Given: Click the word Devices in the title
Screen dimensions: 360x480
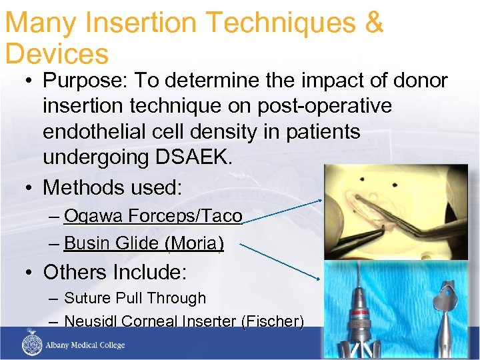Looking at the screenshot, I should point(57,54).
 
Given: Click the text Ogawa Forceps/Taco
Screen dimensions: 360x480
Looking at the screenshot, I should point(153,216).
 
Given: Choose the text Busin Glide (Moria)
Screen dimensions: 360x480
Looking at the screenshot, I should point(144,243).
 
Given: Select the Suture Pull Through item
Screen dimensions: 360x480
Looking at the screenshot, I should point(135,298).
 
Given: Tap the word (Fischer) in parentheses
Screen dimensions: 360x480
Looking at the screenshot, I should point(273,321).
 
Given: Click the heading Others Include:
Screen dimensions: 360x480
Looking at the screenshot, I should point(115,272).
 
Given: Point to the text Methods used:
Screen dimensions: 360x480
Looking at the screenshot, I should point(112,187).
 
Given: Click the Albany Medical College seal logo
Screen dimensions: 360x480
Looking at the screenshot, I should point(32,345).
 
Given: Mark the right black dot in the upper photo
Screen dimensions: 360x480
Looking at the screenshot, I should point(395,185).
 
